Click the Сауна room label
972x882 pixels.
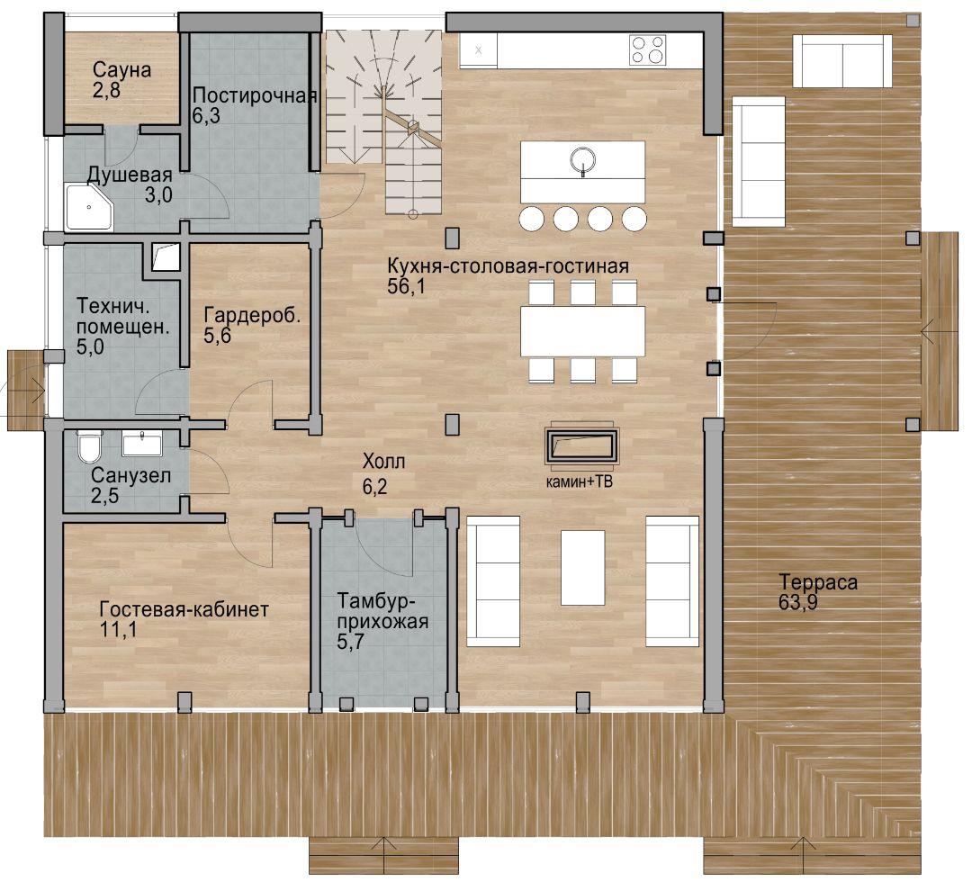(122, 69)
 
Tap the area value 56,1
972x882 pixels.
(406, 286)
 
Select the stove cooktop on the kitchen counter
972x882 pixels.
(648, 49)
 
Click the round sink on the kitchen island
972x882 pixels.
(582, 160)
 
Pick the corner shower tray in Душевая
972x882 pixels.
(89, 207)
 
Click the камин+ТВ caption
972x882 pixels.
(579, 481)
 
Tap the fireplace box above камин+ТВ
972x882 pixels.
(581, 445)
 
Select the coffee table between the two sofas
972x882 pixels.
(582, 567)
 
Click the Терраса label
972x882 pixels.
(817, 582)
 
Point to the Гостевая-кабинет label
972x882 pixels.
(184, 609)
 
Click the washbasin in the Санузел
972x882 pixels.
(142, 444)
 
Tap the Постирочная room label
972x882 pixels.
(255, 95)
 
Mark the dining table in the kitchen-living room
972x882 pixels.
(582, 331)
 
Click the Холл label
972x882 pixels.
(383, 461)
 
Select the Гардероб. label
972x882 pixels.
(252, 315)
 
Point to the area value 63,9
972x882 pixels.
(797, 602)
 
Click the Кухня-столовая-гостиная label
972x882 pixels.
(508, 265)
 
